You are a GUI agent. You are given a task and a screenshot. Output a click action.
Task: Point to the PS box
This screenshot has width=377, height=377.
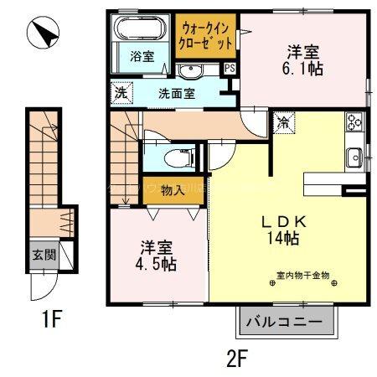[229, 68]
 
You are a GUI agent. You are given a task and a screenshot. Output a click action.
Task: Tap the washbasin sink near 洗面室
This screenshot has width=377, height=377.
[191, 70]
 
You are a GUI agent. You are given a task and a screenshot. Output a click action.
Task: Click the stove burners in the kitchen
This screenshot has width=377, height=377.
[354, 121]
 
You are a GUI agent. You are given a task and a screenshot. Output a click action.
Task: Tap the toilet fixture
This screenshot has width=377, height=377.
[178, 155]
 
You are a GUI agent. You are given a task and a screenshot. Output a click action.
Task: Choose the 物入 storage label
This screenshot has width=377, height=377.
[172, 191]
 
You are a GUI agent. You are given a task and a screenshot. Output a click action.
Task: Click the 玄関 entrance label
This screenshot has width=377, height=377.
[44, 255]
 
